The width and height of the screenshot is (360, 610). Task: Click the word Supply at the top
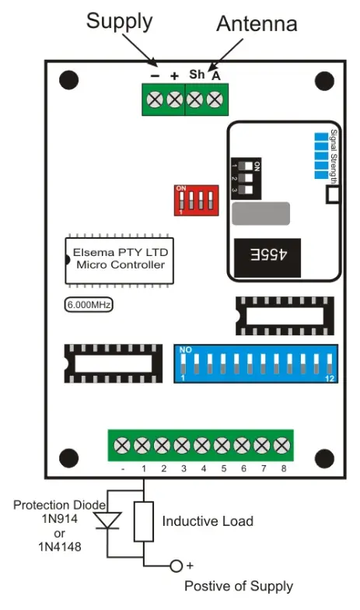[x=119, y=21]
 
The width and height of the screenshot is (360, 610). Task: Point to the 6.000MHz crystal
[x=88, y=306]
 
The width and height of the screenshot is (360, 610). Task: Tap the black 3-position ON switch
[x=248, y=178]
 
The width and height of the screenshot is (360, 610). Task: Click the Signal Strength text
[x=333, y=156]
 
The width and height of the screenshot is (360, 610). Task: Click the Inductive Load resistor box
[x=145, y=521]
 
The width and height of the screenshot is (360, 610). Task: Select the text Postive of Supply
[x=239, y=585]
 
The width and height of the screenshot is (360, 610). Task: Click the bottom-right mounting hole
[x=322, y=458]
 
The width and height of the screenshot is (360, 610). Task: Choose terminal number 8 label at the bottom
[x=284, y=469]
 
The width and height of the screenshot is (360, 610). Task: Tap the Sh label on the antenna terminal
[x=197, y=75]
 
